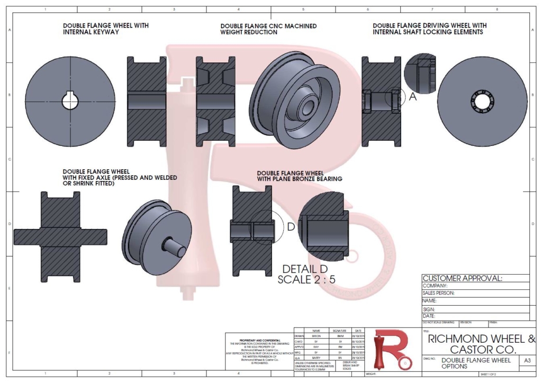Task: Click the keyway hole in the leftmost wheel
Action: tap(70, 101)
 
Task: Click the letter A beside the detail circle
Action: tap(413, 97)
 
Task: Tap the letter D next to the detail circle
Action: tap(291, 227)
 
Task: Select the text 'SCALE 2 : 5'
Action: tap(306, 279)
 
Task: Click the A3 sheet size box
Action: tap(526, 361)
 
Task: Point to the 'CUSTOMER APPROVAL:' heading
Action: tap(462, 278)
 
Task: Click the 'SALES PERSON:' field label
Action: tap(438, 293)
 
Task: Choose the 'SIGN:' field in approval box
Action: tap(429, 309)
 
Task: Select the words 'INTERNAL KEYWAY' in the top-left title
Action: tap(91, 32)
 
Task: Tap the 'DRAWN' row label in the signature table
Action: tap(300, 335)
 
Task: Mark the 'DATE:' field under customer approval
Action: tap(429, 316)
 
